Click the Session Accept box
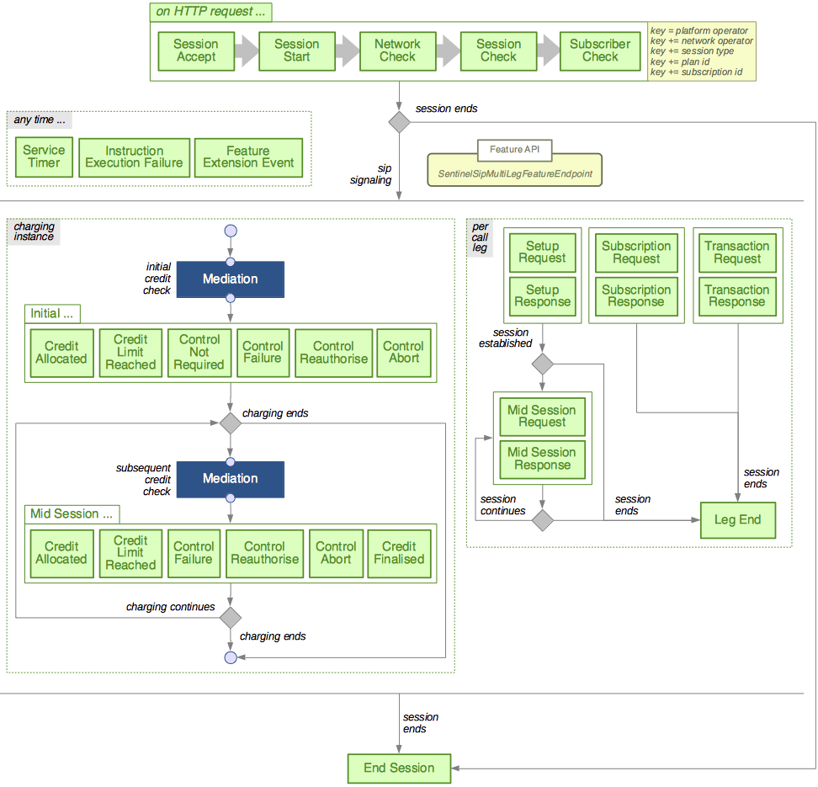click(x=195, y=51)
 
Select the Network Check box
click(x=397, y=51)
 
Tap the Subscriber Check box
click(x=600, y=51)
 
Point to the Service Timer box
click(x=44, y=157)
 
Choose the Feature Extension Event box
click(x=248, y=157)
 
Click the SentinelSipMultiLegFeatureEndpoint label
click(x=515, y=173)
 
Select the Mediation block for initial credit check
click(x=230, y=279)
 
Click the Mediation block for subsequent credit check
click(x=230, y=479)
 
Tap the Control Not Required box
click(x=199, y=352)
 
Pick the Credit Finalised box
click(x=399, y=553)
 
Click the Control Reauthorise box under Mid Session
click(x=264, y=553)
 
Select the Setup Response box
click(x=542, y=295)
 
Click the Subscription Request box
click(x=636, y=253)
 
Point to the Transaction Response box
click(x=737, y=295)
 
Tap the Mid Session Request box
click(x=542, y=416)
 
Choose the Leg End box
click(x=737, y=520)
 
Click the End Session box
click(x=399, y=768)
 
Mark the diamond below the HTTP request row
click(x=399, y=121)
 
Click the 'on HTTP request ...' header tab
click(x=210, y=13)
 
